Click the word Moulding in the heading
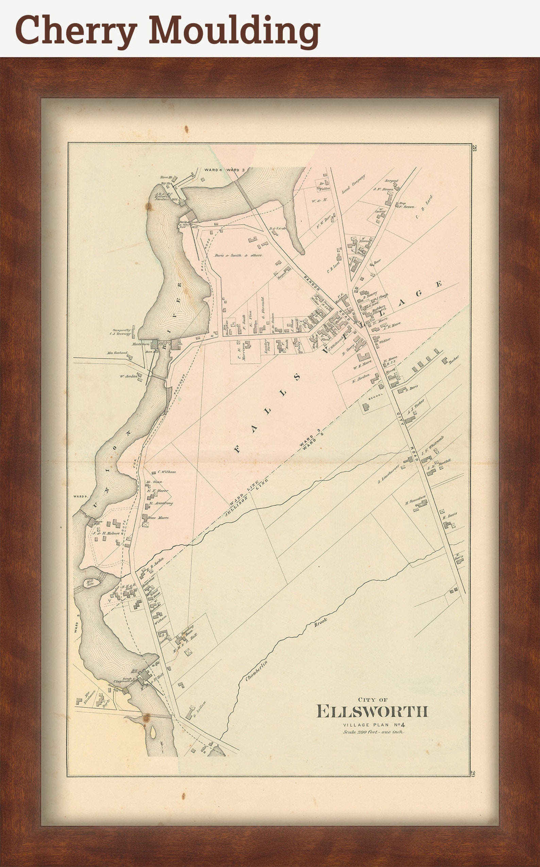click(234, 31)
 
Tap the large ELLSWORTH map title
click(372, 711)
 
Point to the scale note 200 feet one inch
click(373, 732)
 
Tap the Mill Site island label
click(90, 583)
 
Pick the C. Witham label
click(166, 472)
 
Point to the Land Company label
click(354, 184)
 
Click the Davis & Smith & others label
click(239, 256)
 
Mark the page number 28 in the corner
click(475, 149)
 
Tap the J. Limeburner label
click(389, 474)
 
